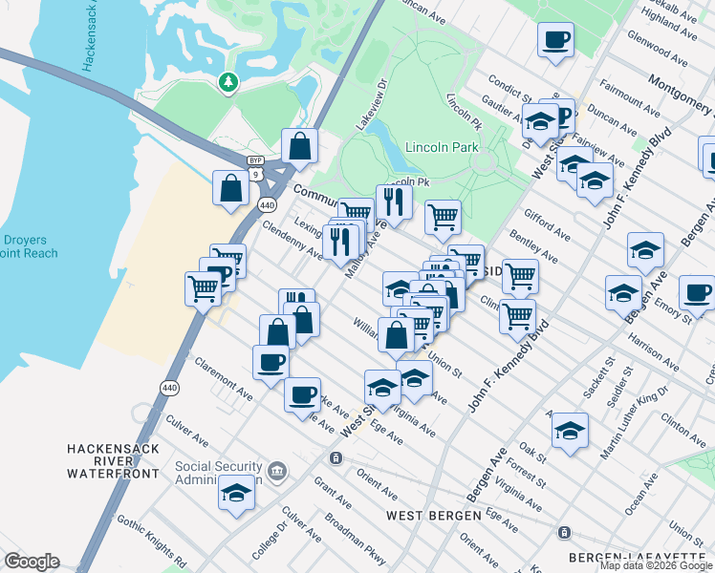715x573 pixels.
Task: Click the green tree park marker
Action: coord(227,83)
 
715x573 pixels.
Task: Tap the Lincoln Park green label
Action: coord(442,148)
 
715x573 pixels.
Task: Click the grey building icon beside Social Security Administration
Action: coord(277,470)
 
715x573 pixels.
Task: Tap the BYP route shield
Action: coord(255,160)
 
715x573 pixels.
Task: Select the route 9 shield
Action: coord(255,175)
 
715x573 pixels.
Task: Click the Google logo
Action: coord(31,562)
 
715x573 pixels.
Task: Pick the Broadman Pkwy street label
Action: coord(354,537)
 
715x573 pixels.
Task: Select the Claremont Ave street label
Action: coord(223,379)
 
